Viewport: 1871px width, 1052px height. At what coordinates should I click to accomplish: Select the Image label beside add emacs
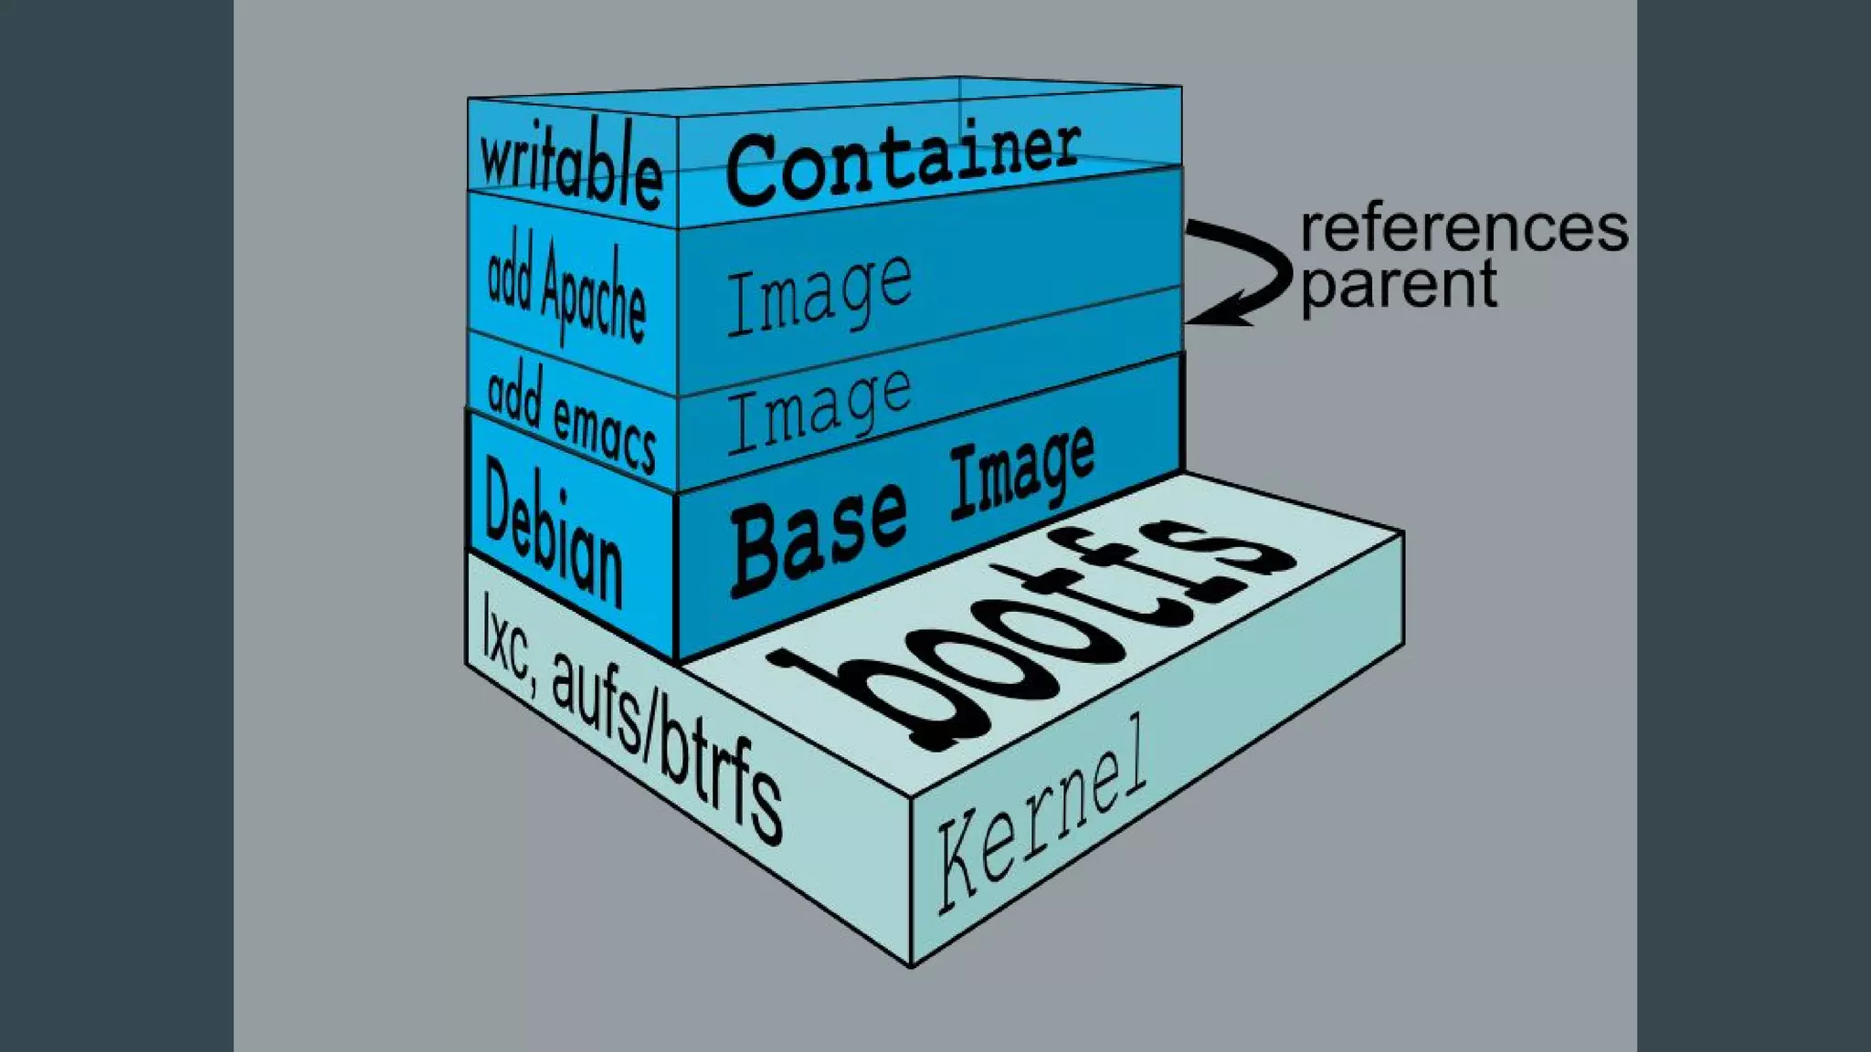click(819, 408)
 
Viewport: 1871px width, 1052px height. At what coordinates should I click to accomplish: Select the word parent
click(1399, 286)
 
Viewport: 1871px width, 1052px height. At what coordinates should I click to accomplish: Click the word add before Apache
click(510, 279)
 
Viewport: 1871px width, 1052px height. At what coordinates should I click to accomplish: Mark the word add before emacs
click(513, 395)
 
